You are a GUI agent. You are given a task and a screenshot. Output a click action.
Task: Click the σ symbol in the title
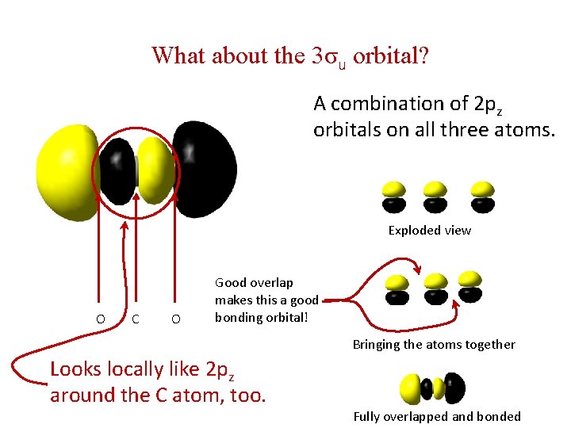pos(331,57)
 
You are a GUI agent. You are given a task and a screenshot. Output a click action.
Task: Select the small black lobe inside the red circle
pos(118,170)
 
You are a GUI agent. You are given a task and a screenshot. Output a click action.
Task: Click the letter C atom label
pos(136,319)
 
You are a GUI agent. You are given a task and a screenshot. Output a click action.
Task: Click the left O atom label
pos(100,319)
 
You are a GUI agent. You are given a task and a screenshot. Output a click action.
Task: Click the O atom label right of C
pos(175,319)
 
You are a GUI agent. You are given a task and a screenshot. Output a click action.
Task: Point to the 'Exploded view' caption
pos(429,231)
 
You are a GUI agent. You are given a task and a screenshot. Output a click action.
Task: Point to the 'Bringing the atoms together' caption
pos(434,345)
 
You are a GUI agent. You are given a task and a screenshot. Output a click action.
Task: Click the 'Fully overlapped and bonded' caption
pos(437,417)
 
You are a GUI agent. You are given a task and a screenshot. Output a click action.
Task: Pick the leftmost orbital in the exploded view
pos(394,197)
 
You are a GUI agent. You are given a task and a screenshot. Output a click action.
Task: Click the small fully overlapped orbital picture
pos(433,388)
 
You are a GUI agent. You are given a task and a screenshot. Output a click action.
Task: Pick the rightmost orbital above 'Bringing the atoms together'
pos(471,286)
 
